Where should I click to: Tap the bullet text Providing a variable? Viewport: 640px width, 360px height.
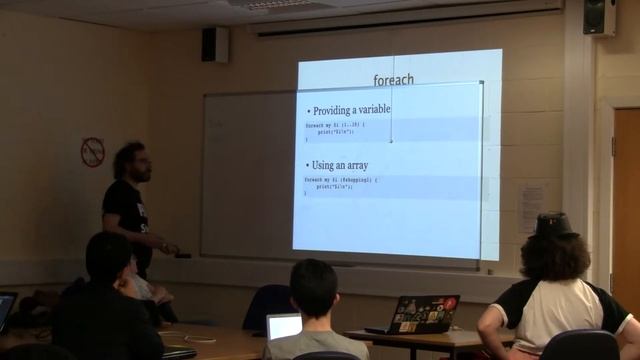pos(351,110)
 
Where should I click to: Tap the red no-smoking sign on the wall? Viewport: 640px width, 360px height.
pos(92,152)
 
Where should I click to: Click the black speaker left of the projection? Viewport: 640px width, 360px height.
pos(214,44)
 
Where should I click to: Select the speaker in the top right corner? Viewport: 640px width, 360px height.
pos(599,16)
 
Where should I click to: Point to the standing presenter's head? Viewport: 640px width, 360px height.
pos(132,162)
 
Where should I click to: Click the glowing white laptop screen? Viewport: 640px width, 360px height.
pos(284,326)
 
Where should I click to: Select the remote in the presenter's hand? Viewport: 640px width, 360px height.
pos(180,253)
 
